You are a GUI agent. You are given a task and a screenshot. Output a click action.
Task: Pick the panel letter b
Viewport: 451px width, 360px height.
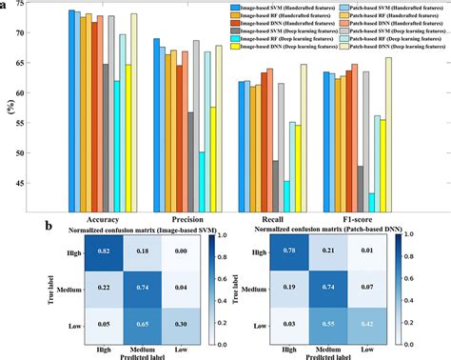(x=47, y=226)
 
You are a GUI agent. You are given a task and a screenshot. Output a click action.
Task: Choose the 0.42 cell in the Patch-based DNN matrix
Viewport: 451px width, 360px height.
(x=390, y=324)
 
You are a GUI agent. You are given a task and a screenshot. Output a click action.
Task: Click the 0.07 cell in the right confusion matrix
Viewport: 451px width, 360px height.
(x=390, y=287)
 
